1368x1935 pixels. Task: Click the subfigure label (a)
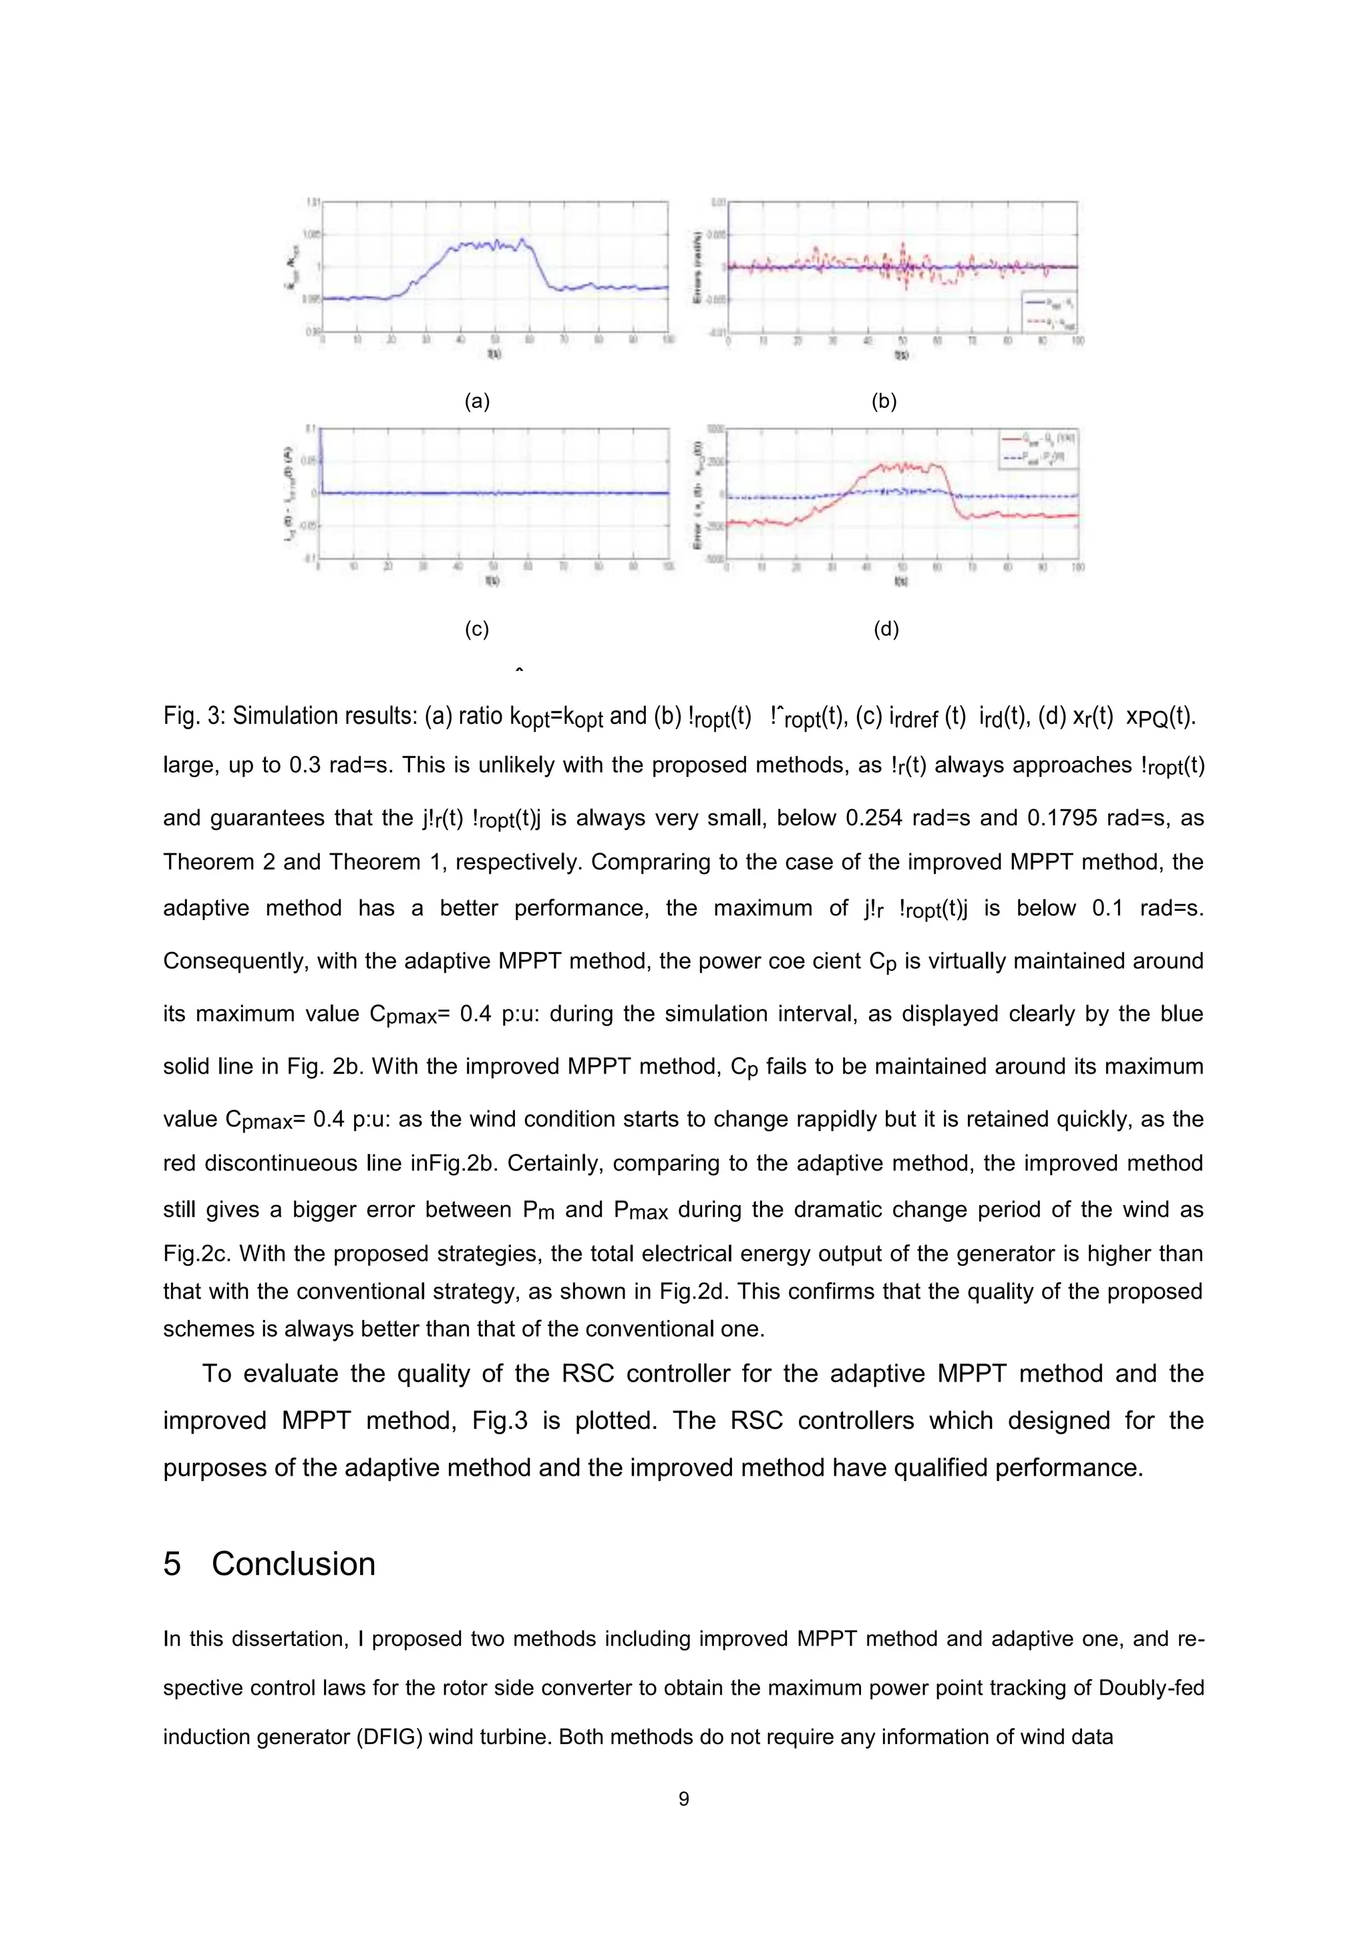pos(477,402)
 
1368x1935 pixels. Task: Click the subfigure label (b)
pos(883,402)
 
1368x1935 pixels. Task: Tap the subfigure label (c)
pos(477,630)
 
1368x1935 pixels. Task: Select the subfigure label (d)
pos(886,630)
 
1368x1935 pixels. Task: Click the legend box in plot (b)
pos(1047,312)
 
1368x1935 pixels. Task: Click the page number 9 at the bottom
pos(683,1799)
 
